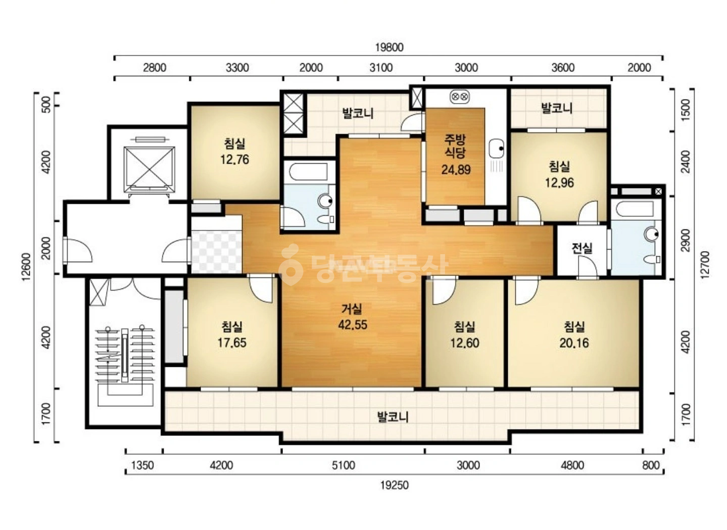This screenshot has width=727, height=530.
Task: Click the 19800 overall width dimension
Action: pyautogui.click(x=389, y=47)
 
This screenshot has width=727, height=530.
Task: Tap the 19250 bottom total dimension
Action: pyautogui.click(x=395, y=486)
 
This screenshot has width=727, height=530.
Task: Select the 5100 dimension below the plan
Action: pyautogui.click(x=344, y=465)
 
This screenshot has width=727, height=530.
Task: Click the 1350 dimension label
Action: pyautogui.click(x=142, y=465)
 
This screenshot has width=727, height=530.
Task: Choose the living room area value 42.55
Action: pyautogui.click(x=353, y=324)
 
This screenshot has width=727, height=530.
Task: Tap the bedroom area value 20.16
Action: pyautogui.click(x=574, y=343)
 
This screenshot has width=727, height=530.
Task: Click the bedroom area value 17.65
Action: pyautogui.click(x=232, y=343)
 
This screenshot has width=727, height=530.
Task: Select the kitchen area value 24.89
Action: pyautogui.click(x=456, y=169)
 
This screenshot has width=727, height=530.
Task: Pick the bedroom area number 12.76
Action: pyautogui.click(x=234, y=160)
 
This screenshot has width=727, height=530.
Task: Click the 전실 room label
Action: pyautogui.click(x=581, y=248)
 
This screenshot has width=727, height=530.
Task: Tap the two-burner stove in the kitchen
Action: pyautogui.click(x=460, y=97)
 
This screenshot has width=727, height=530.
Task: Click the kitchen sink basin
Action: pyautogui.click(x=497, y=149)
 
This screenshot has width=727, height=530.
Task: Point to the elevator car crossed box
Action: pyautogui.click(x=150, y=170)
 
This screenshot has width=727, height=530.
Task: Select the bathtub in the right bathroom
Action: pyautogui.click(x=635, y=209)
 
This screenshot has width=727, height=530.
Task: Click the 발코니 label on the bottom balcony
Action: pyautogui.click(x=393, y=417)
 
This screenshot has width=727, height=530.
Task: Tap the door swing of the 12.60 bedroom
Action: pyautogui.click(x=444, y=292)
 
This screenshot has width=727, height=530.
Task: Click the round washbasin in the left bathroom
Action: pyautogui.click(x=325, y=201)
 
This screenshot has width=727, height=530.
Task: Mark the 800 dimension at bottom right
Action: pyautogui.click(x=651, y=465)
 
